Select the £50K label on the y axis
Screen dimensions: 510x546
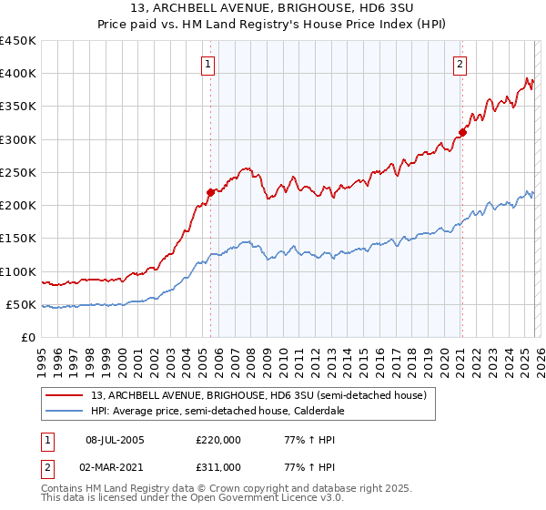[21, 304]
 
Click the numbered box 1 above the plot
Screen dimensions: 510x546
[209, 64]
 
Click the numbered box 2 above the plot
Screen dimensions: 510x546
[460, 64]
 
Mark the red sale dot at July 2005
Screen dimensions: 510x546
[210, 191]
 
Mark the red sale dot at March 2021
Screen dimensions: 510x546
[462, 133]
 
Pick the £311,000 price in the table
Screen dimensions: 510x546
[217, 466]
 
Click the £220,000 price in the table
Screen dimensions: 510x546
[217, 441]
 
